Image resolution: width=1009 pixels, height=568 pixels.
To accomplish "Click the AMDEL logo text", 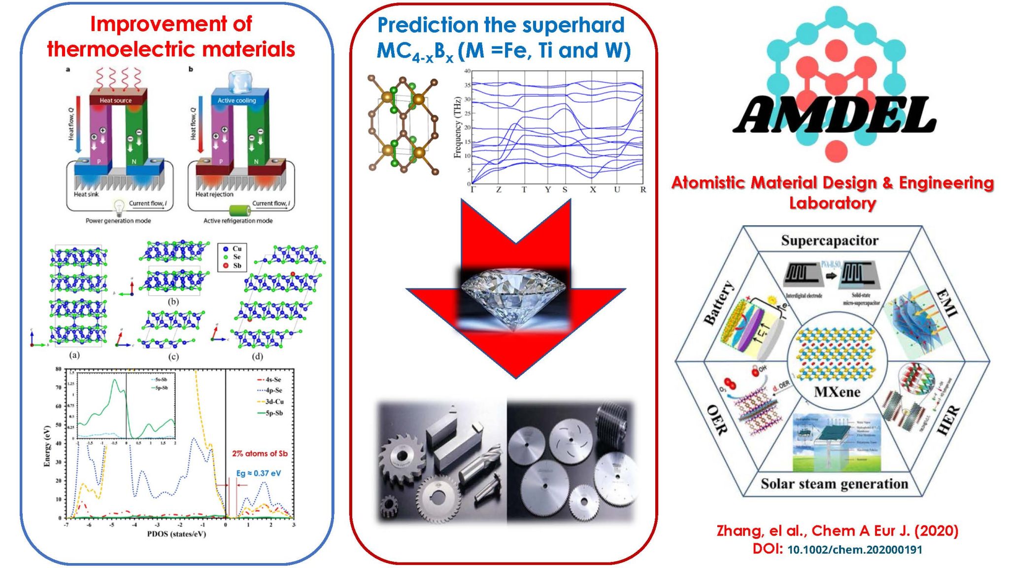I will tap(835, 115).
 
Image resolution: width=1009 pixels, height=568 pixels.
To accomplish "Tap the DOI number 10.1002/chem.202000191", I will tap(854, 550).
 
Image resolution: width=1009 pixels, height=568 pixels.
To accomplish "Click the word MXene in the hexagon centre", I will tap(837, 392).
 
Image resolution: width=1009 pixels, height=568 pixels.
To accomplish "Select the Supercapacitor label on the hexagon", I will tap(830, 241).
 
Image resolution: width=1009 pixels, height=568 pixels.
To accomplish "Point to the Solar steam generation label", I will tap(834, 484).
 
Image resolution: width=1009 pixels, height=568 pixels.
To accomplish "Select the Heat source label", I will tap(116, 101).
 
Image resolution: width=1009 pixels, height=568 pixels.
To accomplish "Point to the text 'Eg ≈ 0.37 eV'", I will tap(259, 473).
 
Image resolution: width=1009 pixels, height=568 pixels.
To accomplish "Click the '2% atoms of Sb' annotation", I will tap(260, 454).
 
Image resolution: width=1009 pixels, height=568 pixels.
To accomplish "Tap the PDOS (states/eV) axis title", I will tap(176, 534).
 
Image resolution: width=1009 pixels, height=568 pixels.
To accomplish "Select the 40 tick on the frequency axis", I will tap(467, 71).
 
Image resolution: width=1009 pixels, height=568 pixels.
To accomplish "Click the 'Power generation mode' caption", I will tap(118, 221).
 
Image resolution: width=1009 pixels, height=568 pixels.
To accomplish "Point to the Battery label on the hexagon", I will tap(719, 303).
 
